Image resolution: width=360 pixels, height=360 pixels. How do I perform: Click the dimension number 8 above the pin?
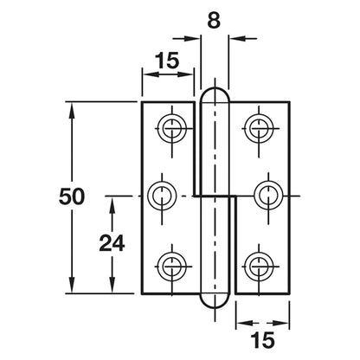[214, 21]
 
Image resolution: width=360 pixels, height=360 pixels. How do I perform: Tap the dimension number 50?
[72, 196]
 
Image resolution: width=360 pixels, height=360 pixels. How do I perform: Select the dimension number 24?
[112, 242]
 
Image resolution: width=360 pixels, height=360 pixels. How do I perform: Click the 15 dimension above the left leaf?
[167, 61]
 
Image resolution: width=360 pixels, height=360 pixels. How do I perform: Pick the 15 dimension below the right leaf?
[262, 340]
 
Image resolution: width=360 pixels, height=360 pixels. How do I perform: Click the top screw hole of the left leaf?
[172, 128]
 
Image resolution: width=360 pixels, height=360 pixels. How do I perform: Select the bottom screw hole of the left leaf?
[172, 266]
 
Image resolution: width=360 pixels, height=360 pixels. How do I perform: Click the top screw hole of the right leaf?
[259, 128]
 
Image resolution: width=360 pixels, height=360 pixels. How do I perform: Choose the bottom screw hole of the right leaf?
[259, 266]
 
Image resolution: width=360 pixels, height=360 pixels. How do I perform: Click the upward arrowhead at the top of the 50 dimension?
[72, 110]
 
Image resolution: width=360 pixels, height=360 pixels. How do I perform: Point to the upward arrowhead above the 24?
[112, 204]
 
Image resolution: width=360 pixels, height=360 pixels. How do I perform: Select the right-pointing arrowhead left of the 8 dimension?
[192, 38]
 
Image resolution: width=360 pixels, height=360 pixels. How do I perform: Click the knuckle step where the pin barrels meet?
[215, 196]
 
